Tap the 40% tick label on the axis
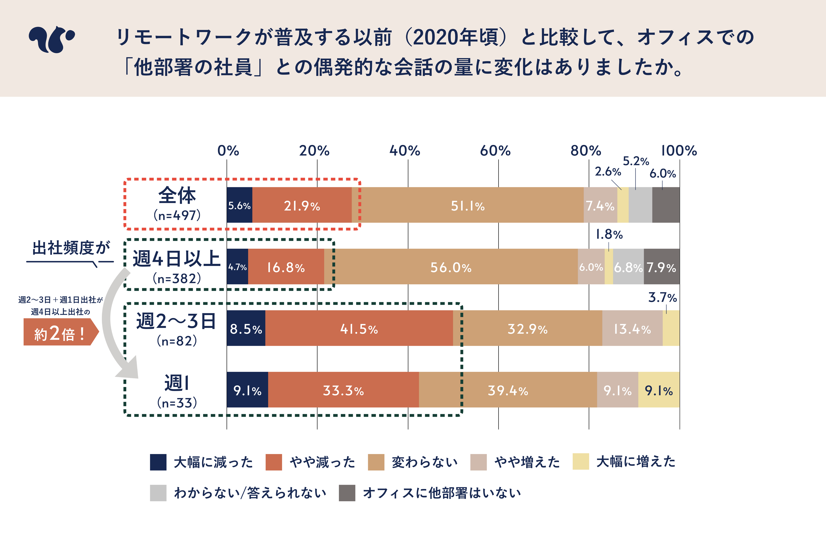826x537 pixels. pos(405,151)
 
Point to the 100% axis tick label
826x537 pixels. pos(679,151)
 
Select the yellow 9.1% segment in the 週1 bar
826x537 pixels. pos(659,390)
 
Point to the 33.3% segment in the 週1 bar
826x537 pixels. pos(343,390)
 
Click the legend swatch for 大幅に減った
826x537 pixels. pos(158,462)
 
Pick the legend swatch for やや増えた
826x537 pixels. pos(478,462)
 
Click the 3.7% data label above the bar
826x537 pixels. pos(662,297)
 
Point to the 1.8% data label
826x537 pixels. pos(609,235)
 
